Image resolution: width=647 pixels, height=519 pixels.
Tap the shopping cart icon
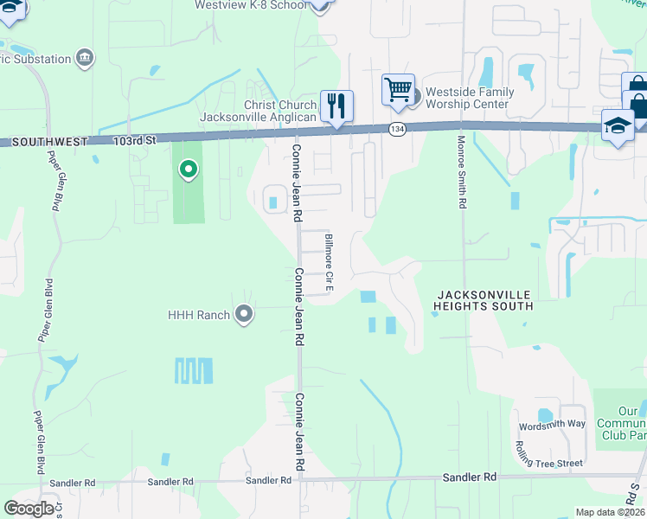click(x=397, y=89)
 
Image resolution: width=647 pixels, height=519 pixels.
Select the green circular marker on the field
click(x=188, y=170)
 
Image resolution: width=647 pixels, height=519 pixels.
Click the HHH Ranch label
click(x=199, y=315)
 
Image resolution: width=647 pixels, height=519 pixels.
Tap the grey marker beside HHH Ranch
click(x=244, y=315)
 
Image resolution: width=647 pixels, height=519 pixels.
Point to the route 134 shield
click(x=397, y=129)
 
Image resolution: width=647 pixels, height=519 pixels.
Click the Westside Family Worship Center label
click(x=472, y=98)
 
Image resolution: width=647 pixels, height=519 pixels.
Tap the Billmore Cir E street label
click(x=329, y=261)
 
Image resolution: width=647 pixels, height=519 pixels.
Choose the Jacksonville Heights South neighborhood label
click(x=484, y=300)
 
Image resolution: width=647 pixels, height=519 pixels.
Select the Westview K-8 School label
click(x=250, y=5)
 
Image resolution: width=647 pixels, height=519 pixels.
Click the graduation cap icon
click(x=618, y=125)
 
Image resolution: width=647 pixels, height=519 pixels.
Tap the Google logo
click(x=29, y=508)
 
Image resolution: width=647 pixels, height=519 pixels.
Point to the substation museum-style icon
click(x=85, y=58)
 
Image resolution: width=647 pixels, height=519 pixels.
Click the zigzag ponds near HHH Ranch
click(x=193, y=371)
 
